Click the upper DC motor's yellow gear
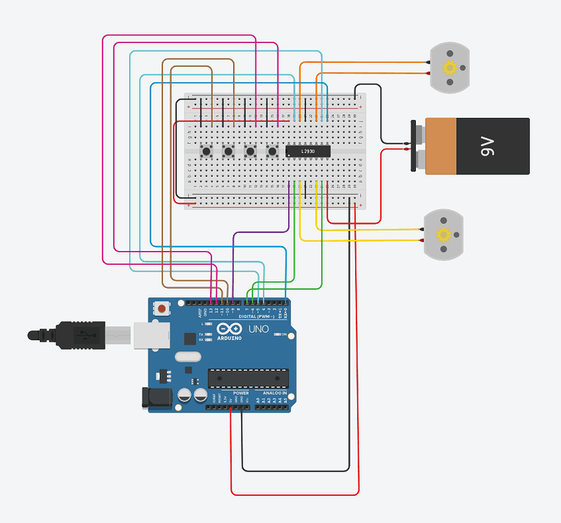(x=449, y=68)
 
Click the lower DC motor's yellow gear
(x=443, y=234)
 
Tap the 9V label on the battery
(x=488, y=146)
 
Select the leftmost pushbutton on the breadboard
(x=207, y=151)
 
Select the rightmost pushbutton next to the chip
(x=271, y=151)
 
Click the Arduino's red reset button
(x=162, y=308)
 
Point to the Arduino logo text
(x=230, y=338)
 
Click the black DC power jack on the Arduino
(x=157, y=398)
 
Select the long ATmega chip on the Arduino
(x=248, y=378)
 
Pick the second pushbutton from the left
(x=228, y=151)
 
